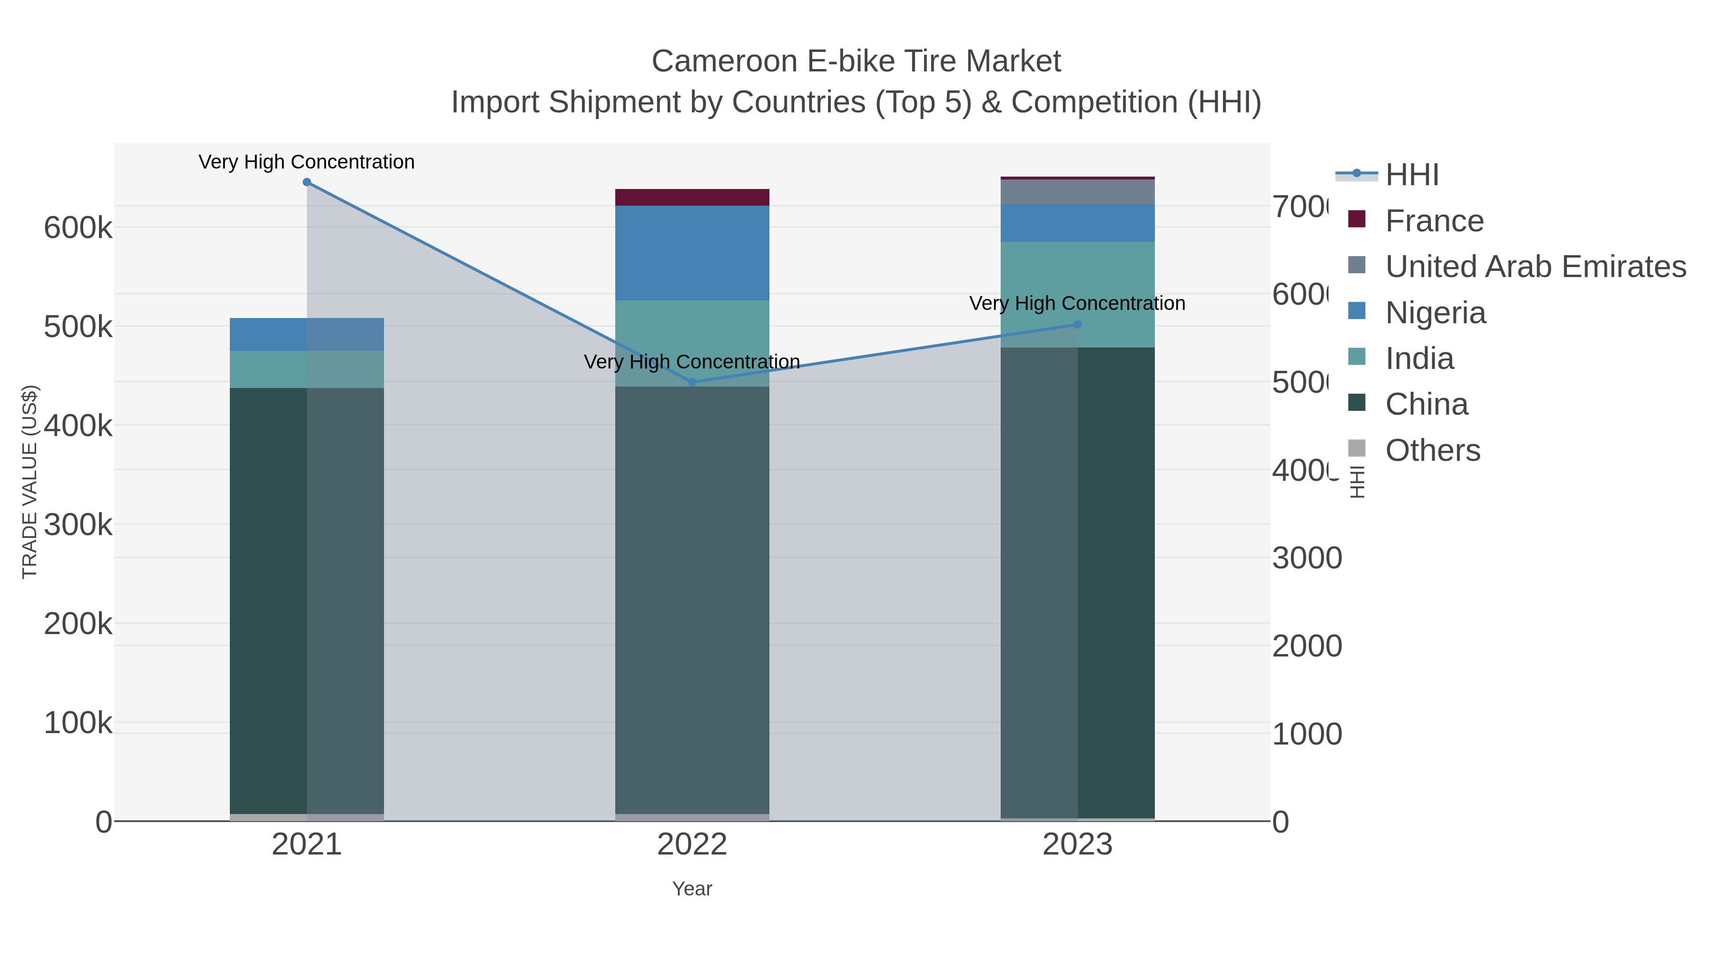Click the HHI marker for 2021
(306, 182)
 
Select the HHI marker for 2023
(1077, 325)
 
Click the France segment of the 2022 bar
(692, 198)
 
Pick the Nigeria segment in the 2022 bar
(692, 253)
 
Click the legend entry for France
(1434, 221)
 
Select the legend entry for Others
(1432, 450)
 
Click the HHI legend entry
(1412, 175)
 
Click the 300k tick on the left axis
(78, 525)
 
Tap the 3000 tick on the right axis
(1307, 558)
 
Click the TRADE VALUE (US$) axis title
(30, 482)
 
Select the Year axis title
(692, 889)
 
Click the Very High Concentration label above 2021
(306, 162)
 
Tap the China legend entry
(1427, 405)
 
